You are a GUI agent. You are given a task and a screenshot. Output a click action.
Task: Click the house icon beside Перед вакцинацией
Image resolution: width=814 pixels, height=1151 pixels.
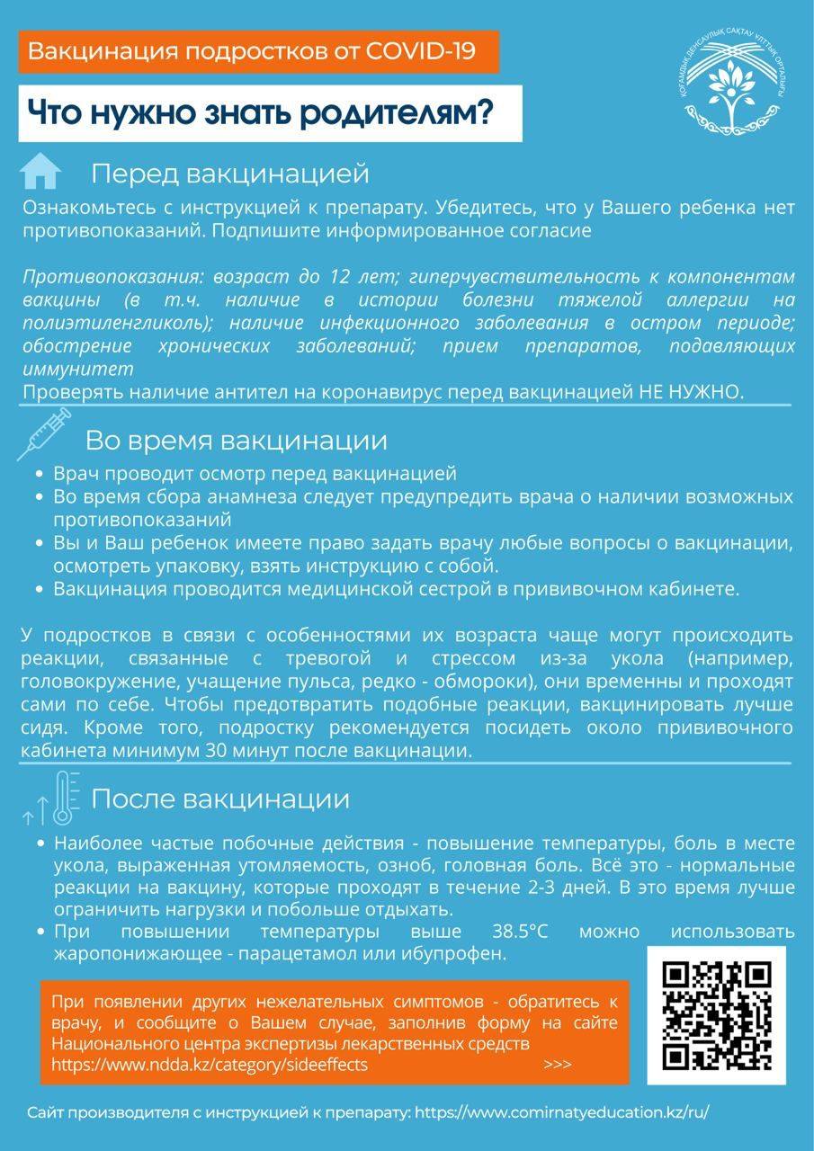point(40,171)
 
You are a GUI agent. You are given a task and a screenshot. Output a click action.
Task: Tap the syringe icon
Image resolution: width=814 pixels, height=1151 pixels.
point(42,433)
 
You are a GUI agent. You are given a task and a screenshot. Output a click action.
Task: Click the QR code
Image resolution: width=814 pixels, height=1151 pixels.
point(716,1015)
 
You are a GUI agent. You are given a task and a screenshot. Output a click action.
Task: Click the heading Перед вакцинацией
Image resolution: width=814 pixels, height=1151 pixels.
point(230,173)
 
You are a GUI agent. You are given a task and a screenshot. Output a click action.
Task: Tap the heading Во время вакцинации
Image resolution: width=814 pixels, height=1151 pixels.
point(236,441)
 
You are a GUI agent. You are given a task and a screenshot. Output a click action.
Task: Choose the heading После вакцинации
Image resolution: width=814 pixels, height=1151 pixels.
point(220,799)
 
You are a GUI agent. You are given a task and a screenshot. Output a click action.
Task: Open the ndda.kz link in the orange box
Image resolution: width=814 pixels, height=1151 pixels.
point(210,1065)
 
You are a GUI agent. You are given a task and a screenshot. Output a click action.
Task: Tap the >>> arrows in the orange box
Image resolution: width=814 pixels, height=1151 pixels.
point(558,1065)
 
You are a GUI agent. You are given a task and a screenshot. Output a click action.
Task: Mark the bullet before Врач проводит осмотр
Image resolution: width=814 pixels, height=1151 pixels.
point(39,474)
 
